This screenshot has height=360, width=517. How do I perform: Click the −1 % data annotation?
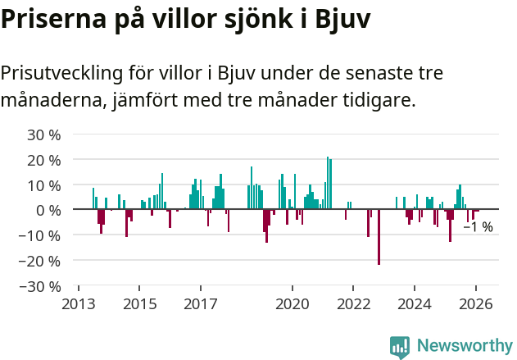[478, 227]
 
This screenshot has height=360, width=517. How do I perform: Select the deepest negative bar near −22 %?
[379, 237]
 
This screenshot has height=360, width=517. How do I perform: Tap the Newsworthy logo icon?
[399, 346]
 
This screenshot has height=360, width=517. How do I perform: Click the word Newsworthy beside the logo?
[464, 346]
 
